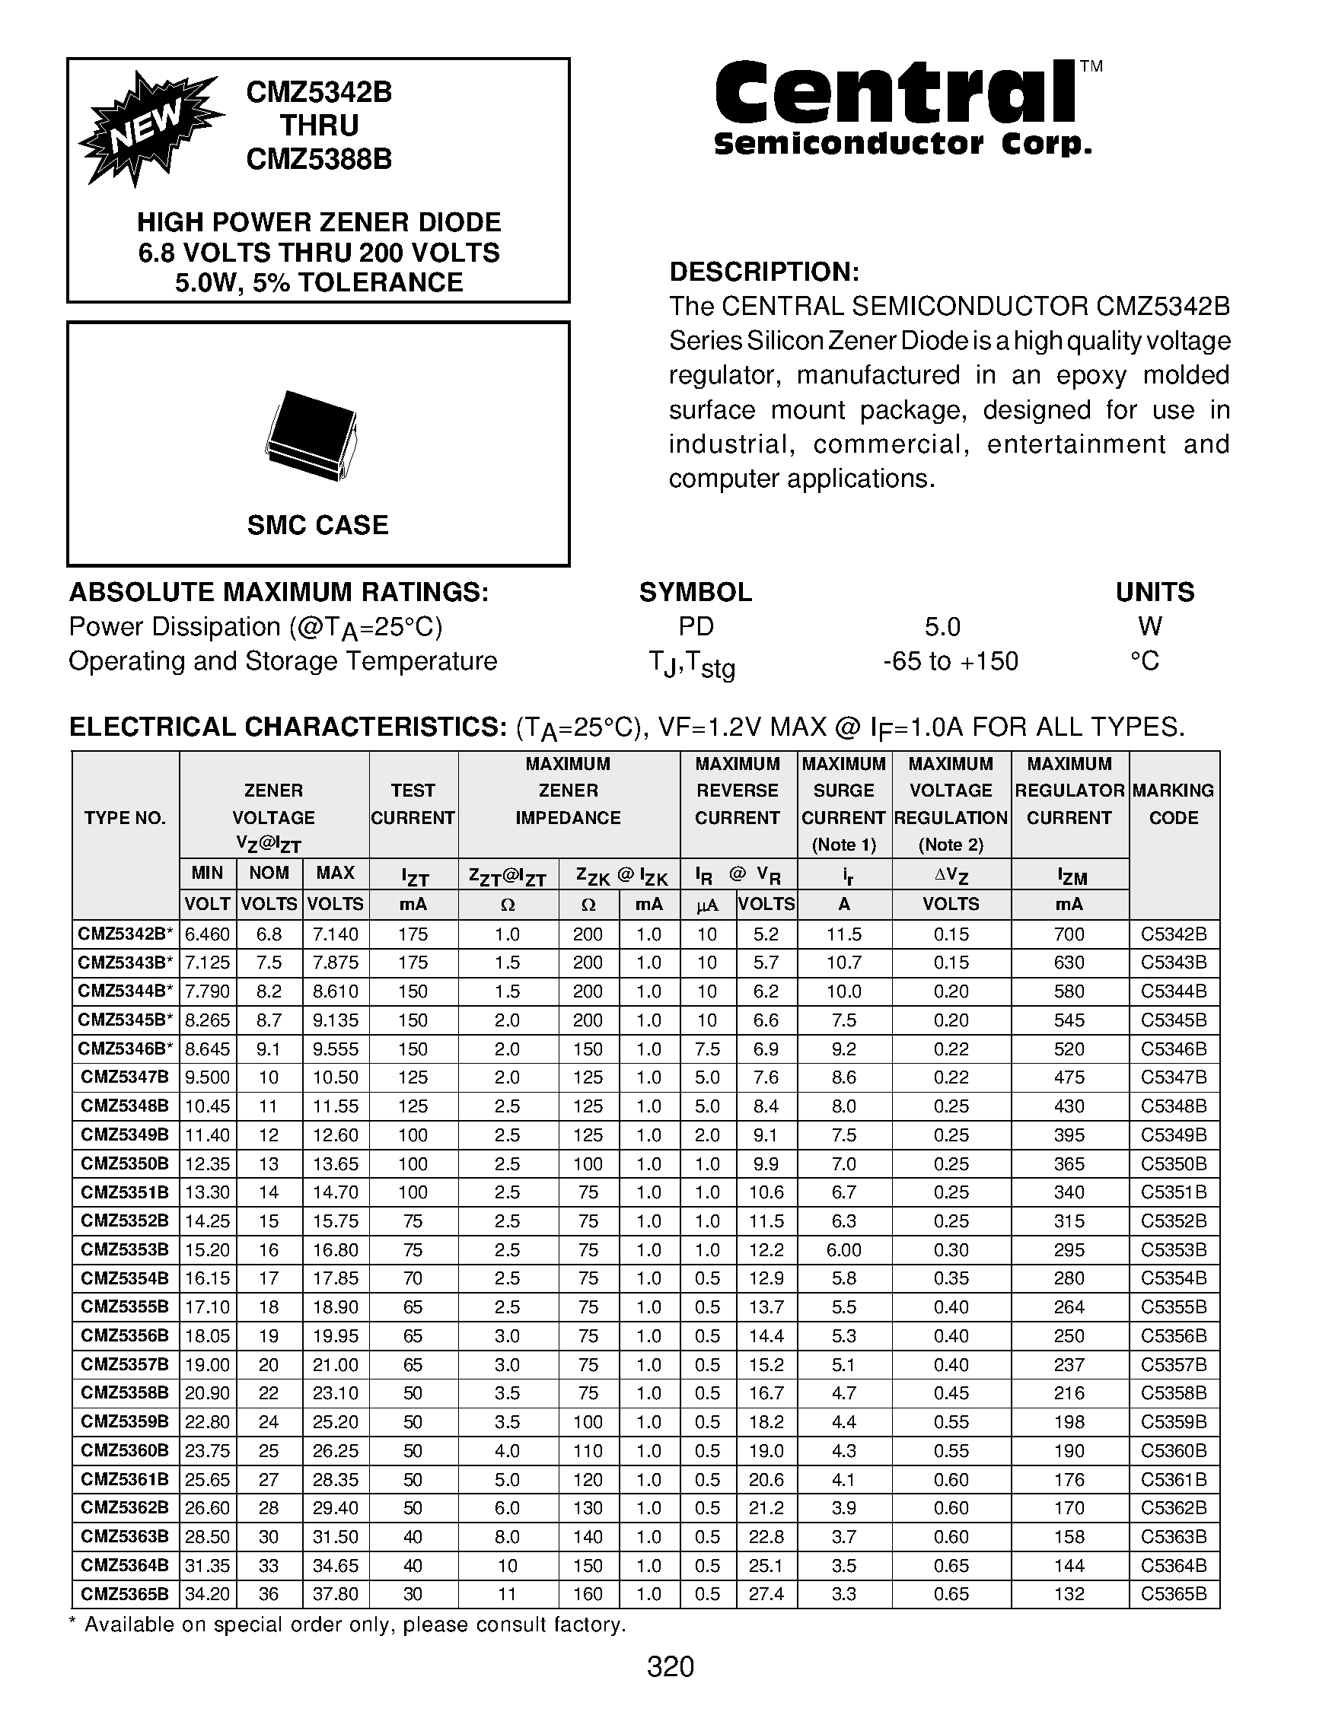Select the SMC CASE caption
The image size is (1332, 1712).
pos(317,524)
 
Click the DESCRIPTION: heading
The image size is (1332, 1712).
pos(764,272)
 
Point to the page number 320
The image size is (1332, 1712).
pos(671,1666)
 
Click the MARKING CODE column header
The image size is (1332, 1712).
pos(1173,803)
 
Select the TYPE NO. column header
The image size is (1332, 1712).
pos(125,819)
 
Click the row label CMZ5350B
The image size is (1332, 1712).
pos(125,1164)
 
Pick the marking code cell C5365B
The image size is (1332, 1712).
pos(1173,1594)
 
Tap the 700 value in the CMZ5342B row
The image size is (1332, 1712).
pos(1069,934)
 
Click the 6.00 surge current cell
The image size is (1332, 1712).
pos(843,1250)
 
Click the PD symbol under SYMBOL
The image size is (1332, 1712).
pos(696,626)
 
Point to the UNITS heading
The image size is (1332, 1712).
pos(1154,592)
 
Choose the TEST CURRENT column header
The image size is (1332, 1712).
pos(413,803)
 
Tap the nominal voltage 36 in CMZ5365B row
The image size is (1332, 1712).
pos(268,1594)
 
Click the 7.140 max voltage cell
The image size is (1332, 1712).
pos(335,934)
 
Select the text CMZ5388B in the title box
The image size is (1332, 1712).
pos(319,159)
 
